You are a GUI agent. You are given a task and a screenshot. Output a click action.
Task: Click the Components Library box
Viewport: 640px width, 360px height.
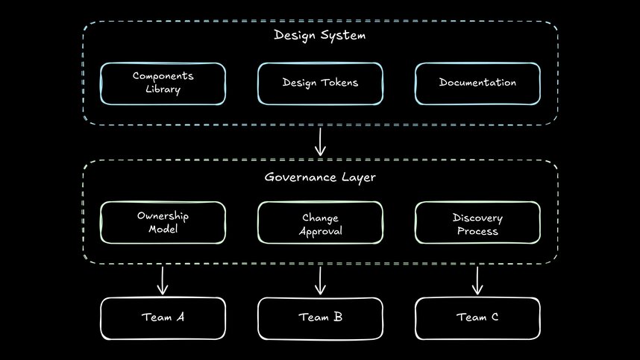point(163,83)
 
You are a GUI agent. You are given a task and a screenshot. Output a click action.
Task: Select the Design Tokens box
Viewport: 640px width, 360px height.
point(320,83)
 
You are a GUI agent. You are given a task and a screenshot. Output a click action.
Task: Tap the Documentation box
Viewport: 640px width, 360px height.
point(477,83)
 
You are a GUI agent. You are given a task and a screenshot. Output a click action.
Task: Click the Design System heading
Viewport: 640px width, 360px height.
point(320,35)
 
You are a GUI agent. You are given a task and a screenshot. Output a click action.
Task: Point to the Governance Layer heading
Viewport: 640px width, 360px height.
point(319,177)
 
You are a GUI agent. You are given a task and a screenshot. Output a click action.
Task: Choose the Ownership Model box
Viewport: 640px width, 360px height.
point(163,223)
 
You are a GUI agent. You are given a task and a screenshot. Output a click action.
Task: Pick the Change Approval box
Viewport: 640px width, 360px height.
point(320,223)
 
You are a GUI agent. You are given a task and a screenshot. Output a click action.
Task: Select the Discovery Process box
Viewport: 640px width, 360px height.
point(477,223)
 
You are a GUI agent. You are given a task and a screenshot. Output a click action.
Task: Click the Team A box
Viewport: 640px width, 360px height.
point(163,318)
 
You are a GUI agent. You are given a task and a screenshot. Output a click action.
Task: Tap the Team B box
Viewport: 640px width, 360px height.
point(320,318)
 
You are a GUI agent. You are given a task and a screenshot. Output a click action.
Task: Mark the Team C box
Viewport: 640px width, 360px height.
point(477,318)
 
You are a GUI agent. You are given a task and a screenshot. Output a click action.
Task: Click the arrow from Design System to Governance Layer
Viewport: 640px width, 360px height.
point(320,141)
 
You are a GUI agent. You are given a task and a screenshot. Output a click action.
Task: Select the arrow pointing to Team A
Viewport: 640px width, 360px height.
point(163,280)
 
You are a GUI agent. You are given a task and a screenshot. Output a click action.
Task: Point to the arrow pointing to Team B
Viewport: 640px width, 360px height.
point(320,280)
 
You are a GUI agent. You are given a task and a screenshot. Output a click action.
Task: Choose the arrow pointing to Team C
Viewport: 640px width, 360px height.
point(477,280)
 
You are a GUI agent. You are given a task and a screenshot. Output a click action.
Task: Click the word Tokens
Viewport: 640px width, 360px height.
point(339,83)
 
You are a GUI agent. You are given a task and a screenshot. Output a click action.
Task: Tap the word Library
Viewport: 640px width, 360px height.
point(163,89)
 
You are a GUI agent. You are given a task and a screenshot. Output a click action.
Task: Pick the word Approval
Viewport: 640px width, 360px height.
point(320,230)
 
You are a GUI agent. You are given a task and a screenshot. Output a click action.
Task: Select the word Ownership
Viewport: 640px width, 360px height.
point(163,216)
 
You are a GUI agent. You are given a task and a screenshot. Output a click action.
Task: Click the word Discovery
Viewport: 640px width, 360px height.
point(477,218)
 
